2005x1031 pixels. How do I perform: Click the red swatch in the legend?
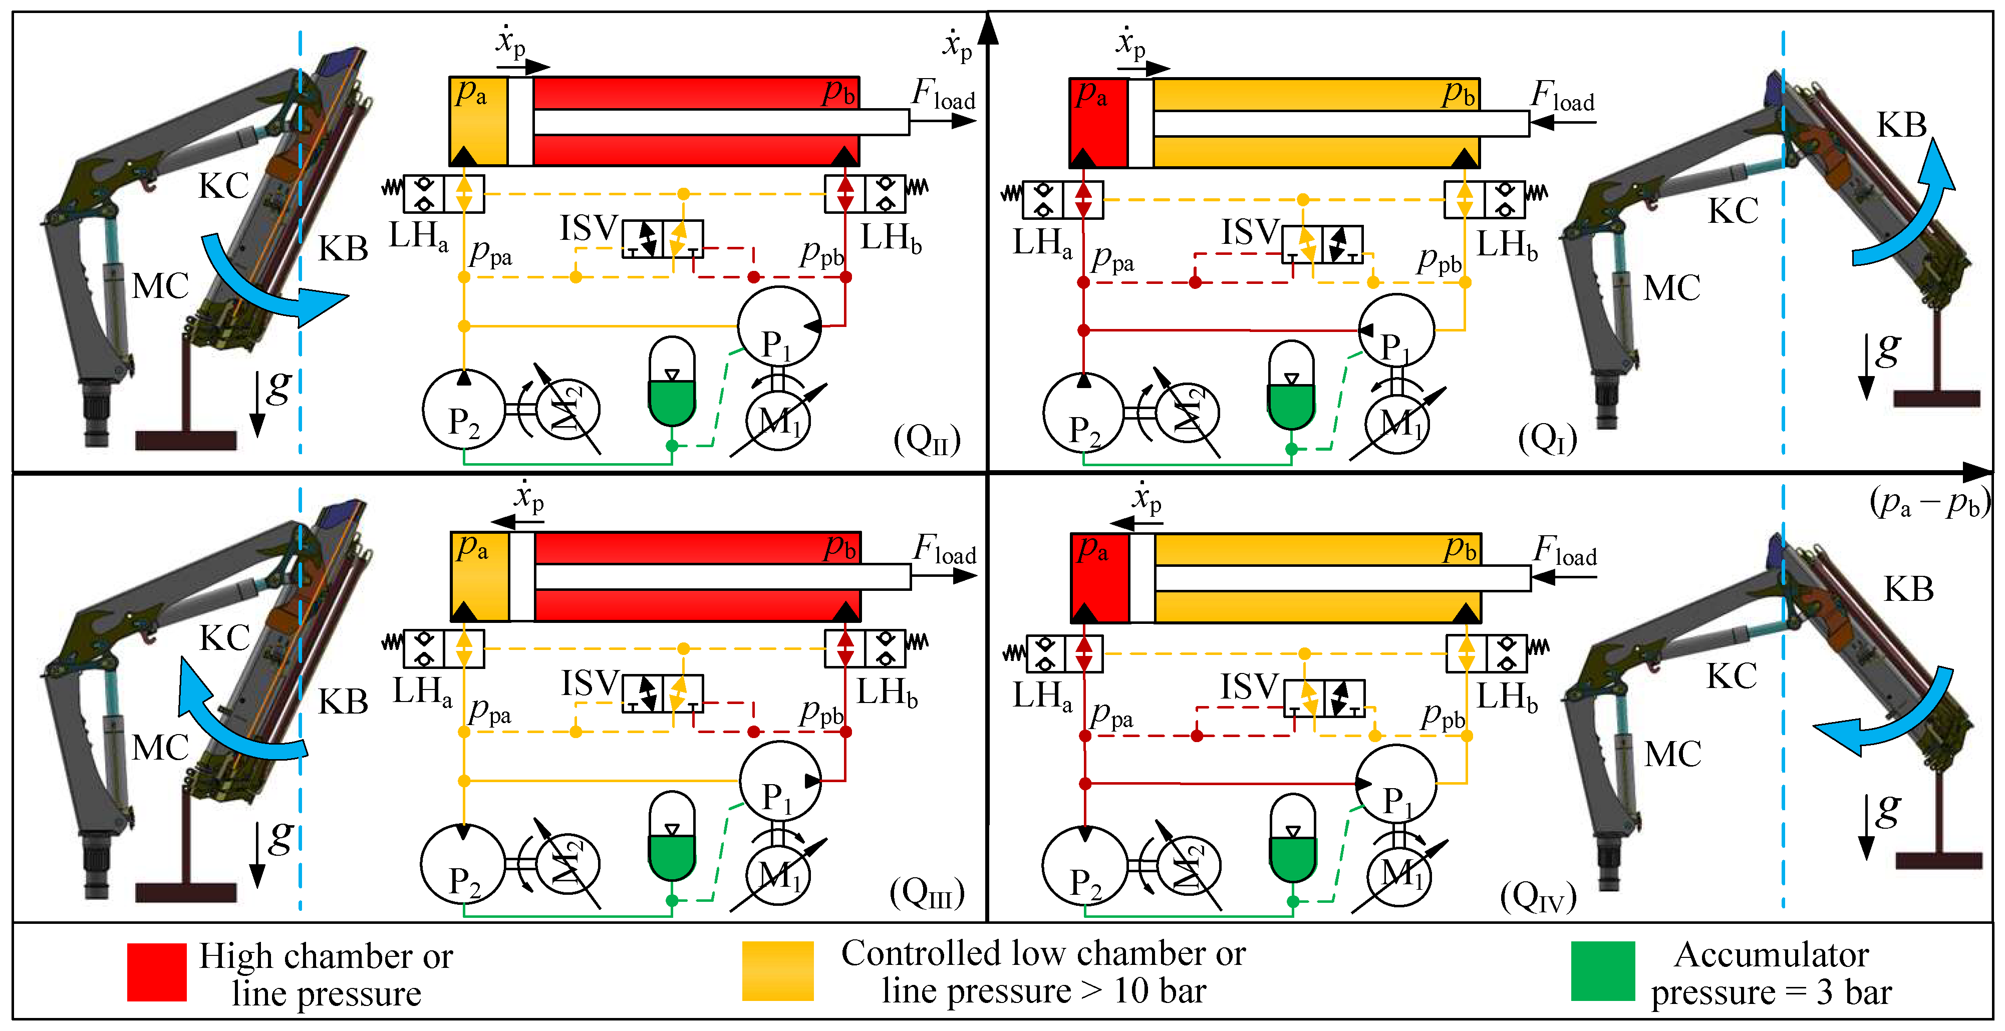(156, 972)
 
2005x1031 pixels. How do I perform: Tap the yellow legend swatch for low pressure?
(777, 970)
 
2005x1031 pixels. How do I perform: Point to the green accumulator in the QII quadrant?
(672, 383)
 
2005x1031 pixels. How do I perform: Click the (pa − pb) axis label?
(1929, 503)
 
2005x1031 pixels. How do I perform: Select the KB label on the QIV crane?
(1908, 589)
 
